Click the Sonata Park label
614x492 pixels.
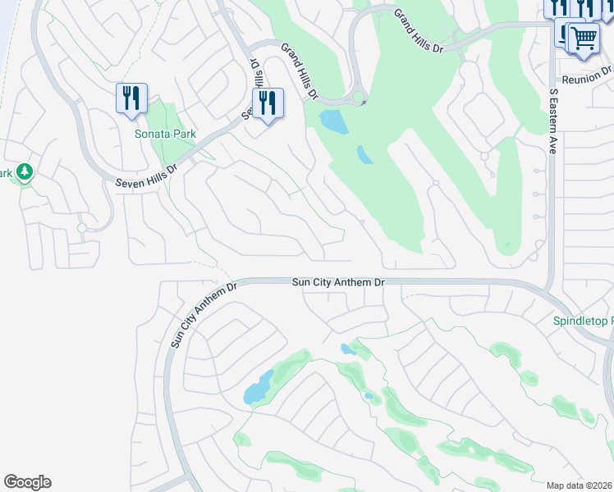point(166,134)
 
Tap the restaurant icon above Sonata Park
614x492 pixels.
point(131,98)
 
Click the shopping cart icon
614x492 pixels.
point(583,37)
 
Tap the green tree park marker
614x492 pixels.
point(25,172)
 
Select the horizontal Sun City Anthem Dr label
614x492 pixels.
point(338,282)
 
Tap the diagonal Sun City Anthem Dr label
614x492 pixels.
point(202,314)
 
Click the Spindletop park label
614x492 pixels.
point(583,321)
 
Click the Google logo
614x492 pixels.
point(27,482)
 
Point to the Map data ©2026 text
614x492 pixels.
point(580,485)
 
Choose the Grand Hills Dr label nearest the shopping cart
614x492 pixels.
point(418,31)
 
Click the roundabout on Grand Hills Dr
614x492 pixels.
point(359,99)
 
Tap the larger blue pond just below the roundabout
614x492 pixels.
point(333,121)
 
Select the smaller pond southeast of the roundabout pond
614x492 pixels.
point(364,154)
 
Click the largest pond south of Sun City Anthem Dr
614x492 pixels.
point(258,387)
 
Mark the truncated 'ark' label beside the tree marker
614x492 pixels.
point(6,173)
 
